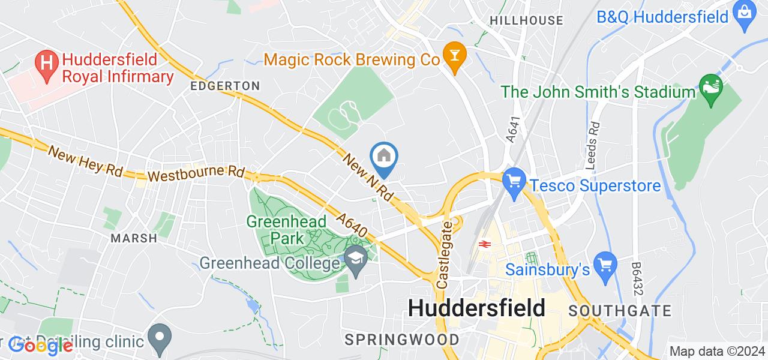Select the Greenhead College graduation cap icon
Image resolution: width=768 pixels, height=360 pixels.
[356, 259]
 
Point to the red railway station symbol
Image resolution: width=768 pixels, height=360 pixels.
[484, 244]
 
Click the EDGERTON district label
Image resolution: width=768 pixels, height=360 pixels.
[225, 86]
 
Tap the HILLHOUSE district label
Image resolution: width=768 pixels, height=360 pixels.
[526, 21]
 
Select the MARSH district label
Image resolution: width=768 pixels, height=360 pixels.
[134, 238]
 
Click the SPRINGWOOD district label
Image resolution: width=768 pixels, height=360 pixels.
[402, 340]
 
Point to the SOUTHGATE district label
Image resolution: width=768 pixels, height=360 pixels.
[620, 311]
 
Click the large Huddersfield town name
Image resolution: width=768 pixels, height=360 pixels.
[476, 308]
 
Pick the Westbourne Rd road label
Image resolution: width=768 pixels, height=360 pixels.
[195, 175]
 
